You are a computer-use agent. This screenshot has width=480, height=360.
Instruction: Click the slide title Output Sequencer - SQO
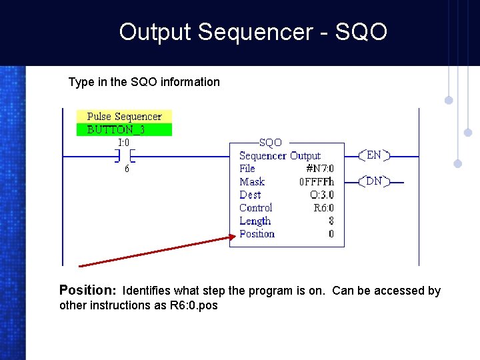click(253, 32)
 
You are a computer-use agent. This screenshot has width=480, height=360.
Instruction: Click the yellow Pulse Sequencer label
click(124, 117)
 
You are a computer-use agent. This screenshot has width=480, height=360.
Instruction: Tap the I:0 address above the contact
click(123, 142)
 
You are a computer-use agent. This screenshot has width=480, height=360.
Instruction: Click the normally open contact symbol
click(124, 156)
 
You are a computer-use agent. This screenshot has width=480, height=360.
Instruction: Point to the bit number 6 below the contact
click(127, 169)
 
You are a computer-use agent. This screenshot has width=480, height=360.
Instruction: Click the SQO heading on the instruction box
click(271, 143)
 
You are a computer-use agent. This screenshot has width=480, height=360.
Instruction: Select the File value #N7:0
click(320, 169)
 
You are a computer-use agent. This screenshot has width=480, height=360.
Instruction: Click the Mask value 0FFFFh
click(317, 182)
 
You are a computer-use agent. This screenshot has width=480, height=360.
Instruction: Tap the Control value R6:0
click(323, 208)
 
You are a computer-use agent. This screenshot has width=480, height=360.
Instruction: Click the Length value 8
click(331, 221)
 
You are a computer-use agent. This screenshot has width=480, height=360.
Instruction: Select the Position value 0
click(331, 234)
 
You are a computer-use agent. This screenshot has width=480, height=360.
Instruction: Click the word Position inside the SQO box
click(257, 234)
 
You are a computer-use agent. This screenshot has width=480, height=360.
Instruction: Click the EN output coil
click(374, 155)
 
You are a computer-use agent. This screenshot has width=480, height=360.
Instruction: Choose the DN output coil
click(374, 181)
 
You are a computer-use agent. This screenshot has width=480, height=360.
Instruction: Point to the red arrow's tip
click(235, 236)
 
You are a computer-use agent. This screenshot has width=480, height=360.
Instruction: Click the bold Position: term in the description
click(88, 290)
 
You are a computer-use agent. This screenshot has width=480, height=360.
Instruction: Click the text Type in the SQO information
click(144, 82)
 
